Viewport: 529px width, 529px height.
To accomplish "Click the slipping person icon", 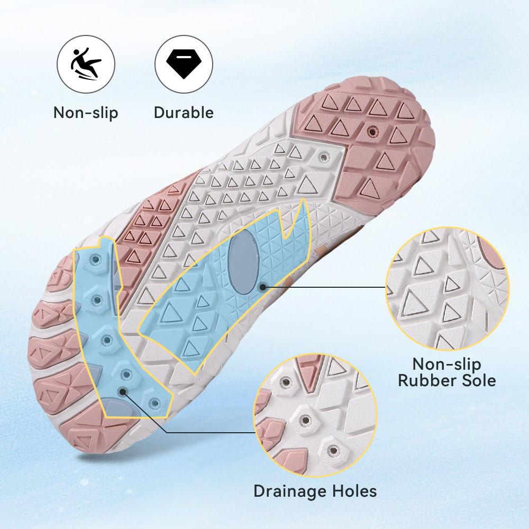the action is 85,64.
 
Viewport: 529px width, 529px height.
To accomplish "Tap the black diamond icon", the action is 184,64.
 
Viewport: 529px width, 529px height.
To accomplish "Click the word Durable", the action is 184,112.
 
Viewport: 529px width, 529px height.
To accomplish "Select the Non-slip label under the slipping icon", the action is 86,113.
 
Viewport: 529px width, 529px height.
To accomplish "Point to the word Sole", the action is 479,380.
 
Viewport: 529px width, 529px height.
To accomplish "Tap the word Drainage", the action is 290,491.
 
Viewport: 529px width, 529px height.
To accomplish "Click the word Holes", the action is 354,491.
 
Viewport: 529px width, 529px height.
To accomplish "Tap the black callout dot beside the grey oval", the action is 262,287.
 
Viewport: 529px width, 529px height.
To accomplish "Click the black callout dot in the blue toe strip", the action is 123,391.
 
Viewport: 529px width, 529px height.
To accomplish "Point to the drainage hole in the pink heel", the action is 372,131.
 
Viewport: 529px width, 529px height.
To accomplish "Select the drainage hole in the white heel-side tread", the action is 324,157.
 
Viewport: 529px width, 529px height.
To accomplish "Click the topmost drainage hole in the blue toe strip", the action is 96,259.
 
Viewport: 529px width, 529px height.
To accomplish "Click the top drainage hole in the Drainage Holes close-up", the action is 286,382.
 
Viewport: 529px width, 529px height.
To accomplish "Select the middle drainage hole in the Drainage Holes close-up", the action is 306,421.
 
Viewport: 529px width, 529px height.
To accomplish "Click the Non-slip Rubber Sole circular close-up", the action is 448,289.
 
